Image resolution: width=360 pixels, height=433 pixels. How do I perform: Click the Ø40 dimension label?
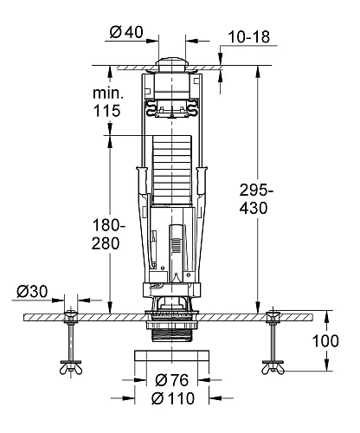pyautogui.click(x=126, y=32)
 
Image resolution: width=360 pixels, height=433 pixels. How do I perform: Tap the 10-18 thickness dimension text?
pyautogui.click(x=249, y=37)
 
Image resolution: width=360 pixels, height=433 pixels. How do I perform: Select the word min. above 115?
pyautogui.click(x=108, y=94)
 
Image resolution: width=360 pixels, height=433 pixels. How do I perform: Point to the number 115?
pyautogui.click(x=106, y=111)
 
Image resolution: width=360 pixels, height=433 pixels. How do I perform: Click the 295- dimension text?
pyautogui.click(x=256, y=191)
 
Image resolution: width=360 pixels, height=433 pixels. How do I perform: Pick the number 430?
pyautogui.click(x=254, y=208)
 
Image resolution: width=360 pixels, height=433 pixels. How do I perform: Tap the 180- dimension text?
pyautogui.click(x=109, y=225)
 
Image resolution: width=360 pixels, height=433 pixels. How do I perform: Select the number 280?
pyautogui.click(x=106, y=243)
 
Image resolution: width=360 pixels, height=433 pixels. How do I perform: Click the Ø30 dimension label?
pyautogui.click(x=32, y=292)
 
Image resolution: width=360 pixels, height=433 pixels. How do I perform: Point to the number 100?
pyautogui.click(x=325, y=341)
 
